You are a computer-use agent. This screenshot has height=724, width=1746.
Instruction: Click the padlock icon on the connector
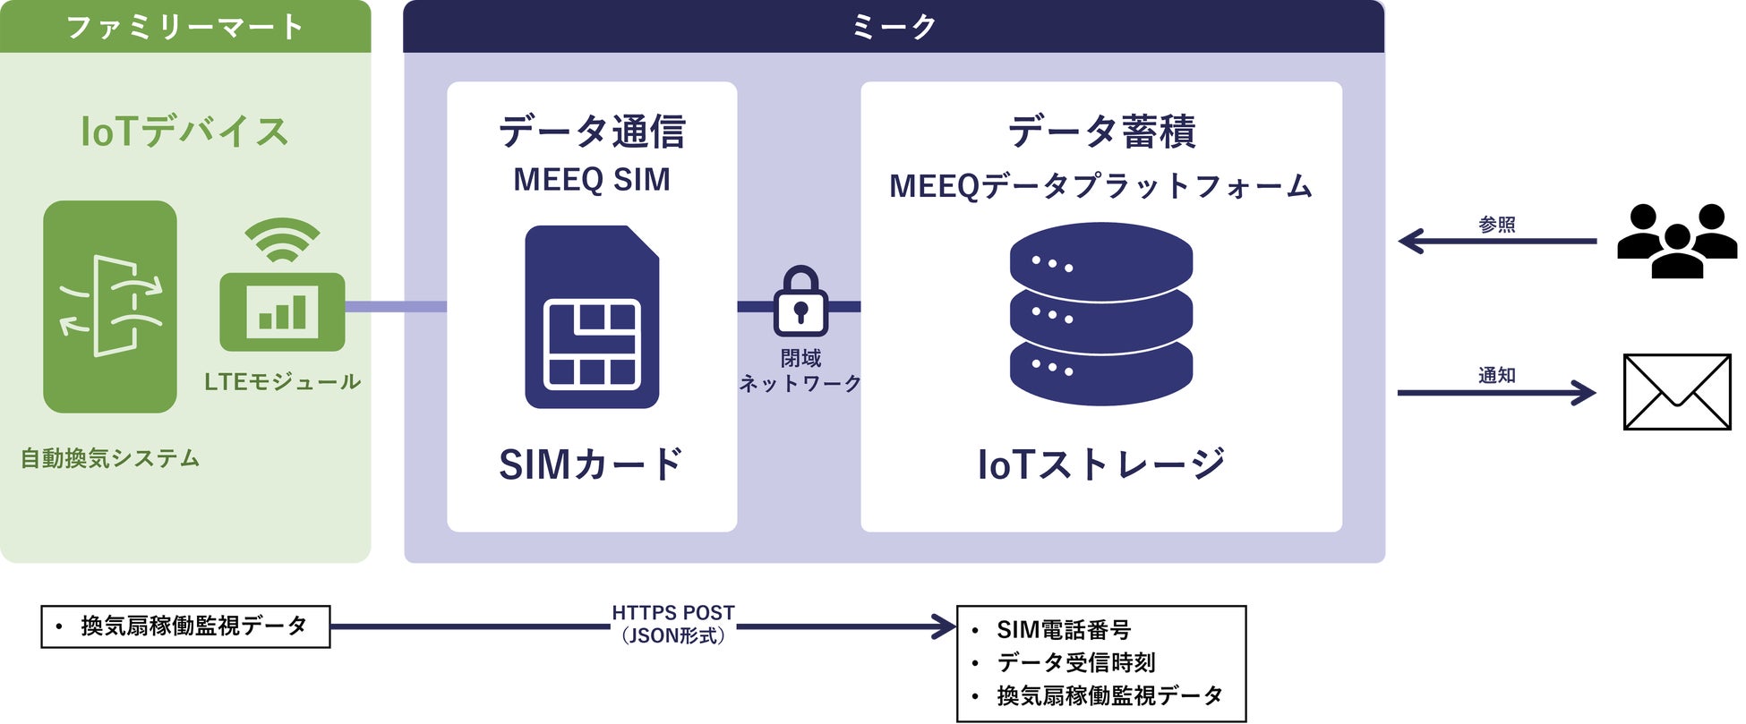800,302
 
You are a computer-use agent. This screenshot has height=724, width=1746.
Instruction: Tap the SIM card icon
592,318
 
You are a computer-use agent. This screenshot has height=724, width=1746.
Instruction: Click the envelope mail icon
1676,392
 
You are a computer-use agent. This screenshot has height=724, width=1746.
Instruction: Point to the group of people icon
1676,241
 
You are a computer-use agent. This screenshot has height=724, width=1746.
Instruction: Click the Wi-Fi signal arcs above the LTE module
282,240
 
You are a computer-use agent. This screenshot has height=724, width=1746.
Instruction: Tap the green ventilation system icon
110,306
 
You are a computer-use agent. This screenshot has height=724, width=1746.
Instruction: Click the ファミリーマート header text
185,27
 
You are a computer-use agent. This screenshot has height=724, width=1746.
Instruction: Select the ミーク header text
894,27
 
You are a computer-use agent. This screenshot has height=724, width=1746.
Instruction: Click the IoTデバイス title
185,132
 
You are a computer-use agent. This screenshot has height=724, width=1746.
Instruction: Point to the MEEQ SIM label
591,180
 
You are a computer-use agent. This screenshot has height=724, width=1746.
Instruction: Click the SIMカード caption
591,464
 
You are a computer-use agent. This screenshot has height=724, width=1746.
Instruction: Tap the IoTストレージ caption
1100,464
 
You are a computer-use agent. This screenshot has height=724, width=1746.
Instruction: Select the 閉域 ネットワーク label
800,371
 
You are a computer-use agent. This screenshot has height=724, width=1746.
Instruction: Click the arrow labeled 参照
1497,241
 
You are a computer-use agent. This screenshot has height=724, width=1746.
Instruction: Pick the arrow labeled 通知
1497,392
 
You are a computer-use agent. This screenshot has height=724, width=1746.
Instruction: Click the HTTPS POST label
673,614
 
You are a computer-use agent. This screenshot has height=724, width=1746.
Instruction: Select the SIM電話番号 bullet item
1064,630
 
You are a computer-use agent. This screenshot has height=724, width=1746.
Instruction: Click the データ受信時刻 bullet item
1076,663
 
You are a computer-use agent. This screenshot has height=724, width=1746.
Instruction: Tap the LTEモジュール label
282,382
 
